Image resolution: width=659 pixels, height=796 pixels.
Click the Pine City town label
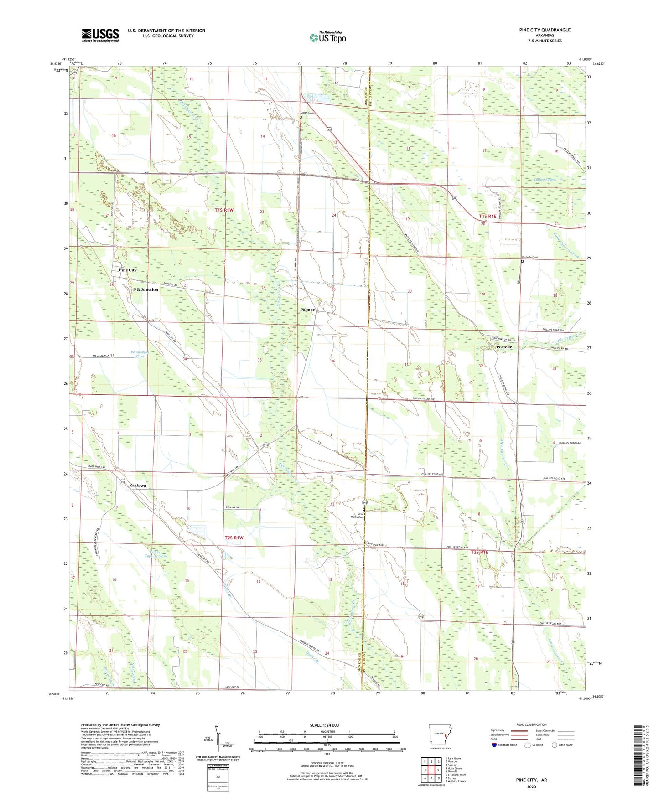[x=128, y=270]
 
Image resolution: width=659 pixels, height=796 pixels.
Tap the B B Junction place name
[x=145, y=289]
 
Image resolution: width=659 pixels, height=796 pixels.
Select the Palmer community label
[x=307, y=310]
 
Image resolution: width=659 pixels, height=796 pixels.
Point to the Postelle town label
[x=504, y=347]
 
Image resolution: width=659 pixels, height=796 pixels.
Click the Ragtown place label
[x=138, y=486]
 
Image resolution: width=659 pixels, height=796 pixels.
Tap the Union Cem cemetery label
[x=307, y=113]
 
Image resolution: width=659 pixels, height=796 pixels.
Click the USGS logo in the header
[x=100, y=35]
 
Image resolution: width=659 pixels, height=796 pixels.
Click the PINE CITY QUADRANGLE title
[x=545, y=30]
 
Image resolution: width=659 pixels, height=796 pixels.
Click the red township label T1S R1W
[x=224, y=210]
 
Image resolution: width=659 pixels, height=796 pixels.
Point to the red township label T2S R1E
[x=479, y=553]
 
